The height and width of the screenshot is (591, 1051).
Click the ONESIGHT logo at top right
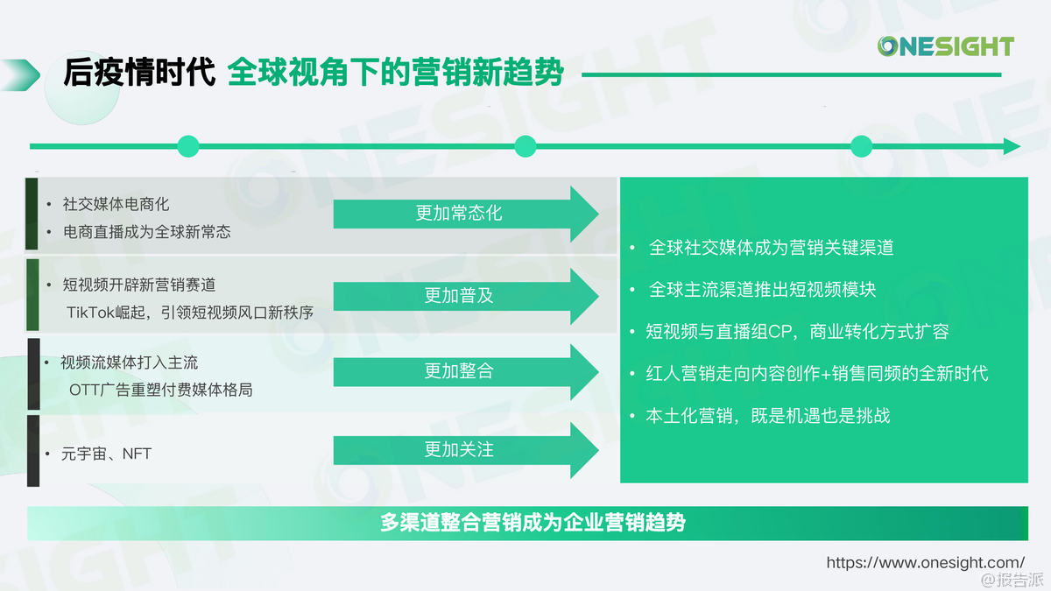click(x=945, y=46)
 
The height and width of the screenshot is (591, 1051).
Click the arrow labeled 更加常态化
click(x=466, y=214)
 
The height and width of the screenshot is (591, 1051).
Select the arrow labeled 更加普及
click(x=466, y=297)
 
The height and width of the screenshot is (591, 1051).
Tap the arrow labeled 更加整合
click(x=466, y=372)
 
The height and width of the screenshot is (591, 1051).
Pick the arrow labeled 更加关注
click(x=466, y=450)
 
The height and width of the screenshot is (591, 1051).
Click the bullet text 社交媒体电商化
click(x=116, y=204)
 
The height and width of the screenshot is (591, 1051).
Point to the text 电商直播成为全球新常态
click(x=147, y=232)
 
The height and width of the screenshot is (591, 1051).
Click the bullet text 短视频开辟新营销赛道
click(x=139, y=285)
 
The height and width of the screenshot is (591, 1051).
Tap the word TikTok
click(x=90, y=313)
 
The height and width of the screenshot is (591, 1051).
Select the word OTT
click(x=84, y=390)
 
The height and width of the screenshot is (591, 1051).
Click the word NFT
click(x=137, y=454)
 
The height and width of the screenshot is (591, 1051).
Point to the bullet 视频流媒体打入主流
click(x=129, y=362)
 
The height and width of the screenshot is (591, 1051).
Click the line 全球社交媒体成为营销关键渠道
click(x=771, y=248)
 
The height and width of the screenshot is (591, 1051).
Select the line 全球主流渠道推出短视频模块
click(x=763, y=290)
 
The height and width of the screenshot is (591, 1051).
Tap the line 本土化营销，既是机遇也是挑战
click(x=767, y=416)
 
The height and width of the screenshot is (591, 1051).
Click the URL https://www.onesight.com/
click(x=925, y=562)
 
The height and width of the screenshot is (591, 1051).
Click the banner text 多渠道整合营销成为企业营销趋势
click(x=533, y=523)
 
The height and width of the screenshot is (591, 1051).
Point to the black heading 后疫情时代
click(x=139, y=73)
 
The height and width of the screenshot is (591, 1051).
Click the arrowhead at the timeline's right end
click(x=1012, y=146)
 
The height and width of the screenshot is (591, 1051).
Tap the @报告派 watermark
click(x=1012, y=580)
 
